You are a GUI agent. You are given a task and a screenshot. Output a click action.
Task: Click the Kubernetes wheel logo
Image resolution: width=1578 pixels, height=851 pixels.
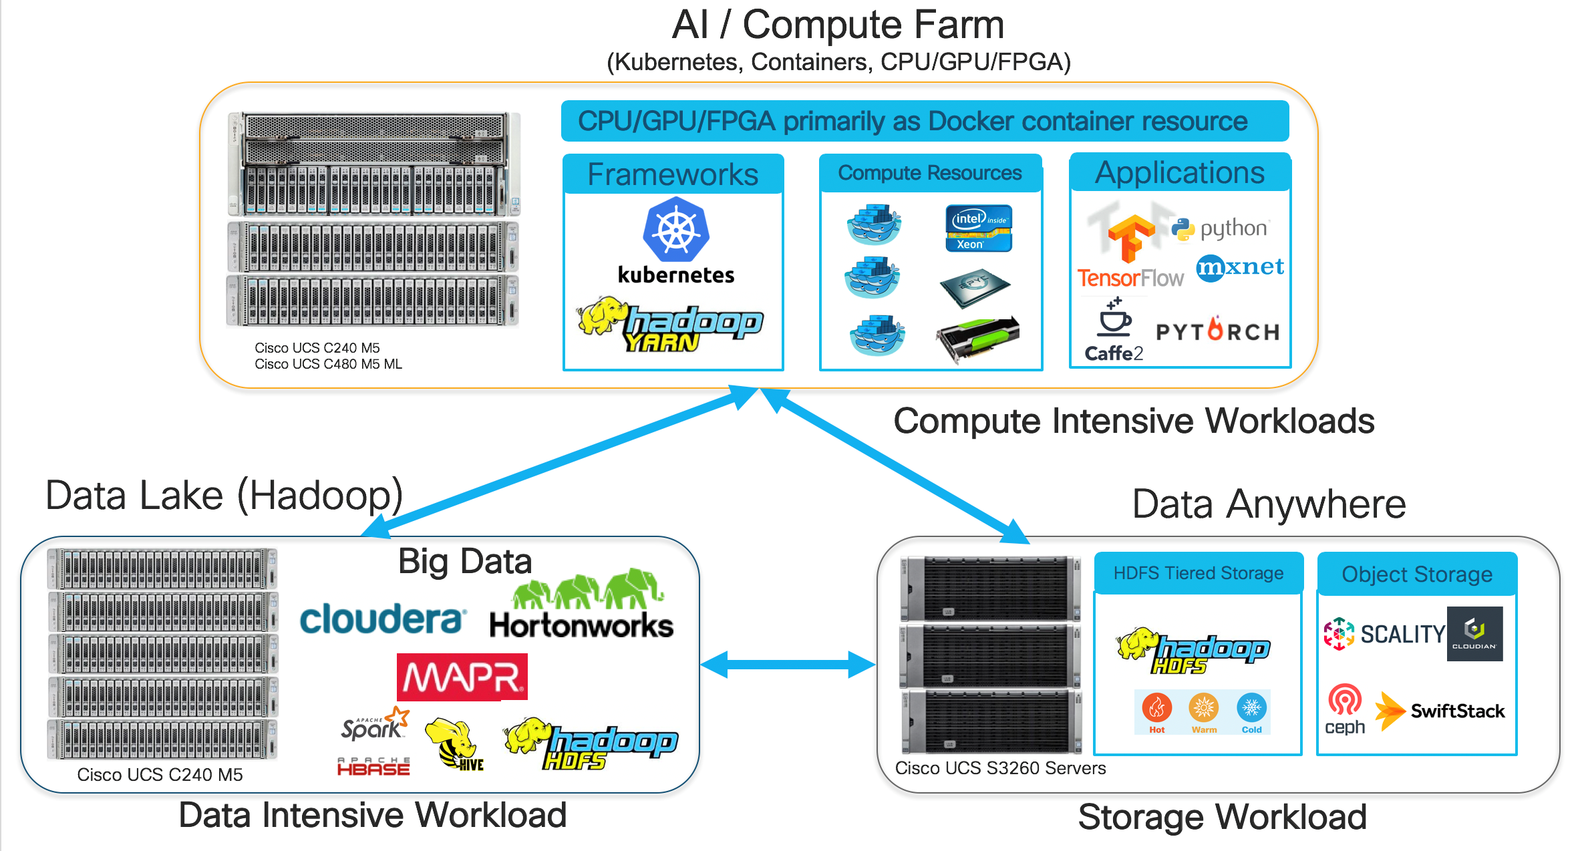pyautogui.click(x=675, y=229)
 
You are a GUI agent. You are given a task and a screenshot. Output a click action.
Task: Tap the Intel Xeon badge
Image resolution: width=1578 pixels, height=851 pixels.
pyautogui.click(x=978, y=228)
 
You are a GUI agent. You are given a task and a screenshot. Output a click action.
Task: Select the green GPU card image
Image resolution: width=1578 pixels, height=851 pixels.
pyautogui.click(x=977, y=338)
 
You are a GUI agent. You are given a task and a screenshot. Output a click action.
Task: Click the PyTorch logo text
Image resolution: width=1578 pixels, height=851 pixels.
pyautogui.click(x=1217, y=331)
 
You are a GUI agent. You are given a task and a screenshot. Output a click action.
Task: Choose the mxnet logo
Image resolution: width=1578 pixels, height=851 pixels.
pyautogui.click(x=1239, y=267)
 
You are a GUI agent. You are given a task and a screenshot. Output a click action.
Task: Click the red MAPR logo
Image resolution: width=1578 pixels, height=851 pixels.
pyautogui.click(x=462, y=677)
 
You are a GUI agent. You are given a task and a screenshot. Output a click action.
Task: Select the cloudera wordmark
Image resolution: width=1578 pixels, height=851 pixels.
pyautogui.click(x=381, y=619)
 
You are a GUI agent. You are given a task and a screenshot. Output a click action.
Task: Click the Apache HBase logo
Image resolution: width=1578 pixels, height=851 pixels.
pyautogui.click(x=373, y=767)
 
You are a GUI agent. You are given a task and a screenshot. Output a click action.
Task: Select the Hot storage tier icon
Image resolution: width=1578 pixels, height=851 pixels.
pyautogui.click(x=1157, y=709)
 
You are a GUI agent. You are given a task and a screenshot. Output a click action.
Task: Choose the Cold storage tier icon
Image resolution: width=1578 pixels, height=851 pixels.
pyautogui.click(x=1251, y=709)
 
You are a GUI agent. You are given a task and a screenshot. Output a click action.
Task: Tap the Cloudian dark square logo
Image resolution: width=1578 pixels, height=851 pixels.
pyautogui.click(x=1474, y=633)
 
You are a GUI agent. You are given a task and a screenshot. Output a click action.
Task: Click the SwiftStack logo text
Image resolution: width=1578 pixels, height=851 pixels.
pyautogui.click(x=1457, y=711)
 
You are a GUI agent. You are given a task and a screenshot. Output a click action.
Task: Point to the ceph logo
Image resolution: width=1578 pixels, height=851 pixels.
pyautogui.click(x=1344, y=709)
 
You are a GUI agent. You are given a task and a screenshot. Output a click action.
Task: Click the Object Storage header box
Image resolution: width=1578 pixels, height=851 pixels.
pyautogui.click(x=1416, y=574)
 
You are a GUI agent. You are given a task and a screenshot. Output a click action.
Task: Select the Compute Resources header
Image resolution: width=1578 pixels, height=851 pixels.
pyautogui.click(x=929, y=173)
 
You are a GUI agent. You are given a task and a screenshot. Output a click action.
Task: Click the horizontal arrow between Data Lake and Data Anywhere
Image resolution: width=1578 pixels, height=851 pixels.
pyautogui.click(x=788, y=665)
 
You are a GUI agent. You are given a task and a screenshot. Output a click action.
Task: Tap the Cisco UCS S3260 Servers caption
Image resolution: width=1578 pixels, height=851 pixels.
pyautogui.click(x=1000, y=768)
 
